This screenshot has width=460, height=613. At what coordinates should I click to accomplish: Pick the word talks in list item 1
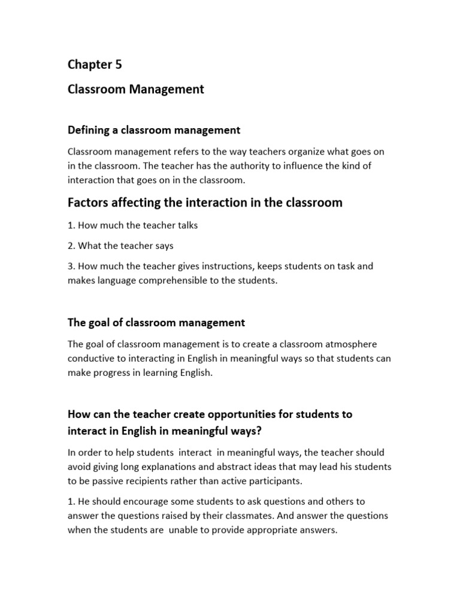(184, 226)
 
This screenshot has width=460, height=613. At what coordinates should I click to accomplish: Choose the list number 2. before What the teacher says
(71, 245)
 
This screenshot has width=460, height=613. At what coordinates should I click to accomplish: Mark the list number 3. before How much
(71, 266)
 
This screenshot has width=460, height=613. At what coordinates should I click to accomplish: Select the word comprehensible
(195, 280)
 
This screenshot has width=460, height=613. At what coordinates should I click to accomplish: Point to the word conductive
(91, 358)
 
